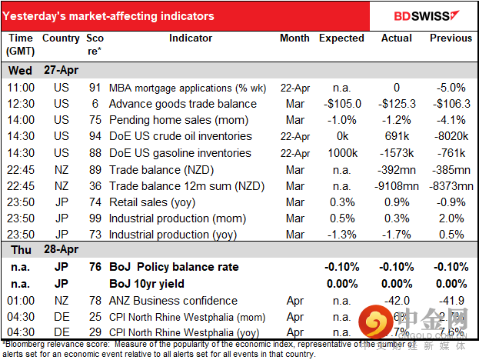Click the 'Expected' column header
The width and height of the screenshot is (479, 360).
pyautogui.click(x=341, y=38)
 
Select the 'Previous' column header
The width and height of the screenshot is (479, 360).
pyautogui.click(x=451, y=38)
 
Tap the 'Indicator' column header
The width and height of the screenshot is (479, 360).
pyautogui.click(x=191, y=38)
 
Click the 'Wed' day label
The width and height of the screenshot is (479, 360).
pyautogui.click(x=20, y=70)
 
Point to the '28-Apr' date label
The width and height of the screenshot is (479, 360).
pyautogui.click(x=63, y=252)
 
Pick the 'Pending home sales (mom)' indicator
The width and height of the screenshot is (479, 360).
pyautogui.click(x=178, y=120)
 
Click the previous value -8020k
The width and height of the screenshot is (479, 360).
pyautogui.click(x=454, y=137)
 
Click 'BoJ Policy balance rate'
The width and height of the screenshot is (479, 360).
pyautogui.click(x=173, y=267)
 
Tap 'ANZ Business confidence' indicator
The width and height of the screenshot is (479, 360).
pyautogui.click(x=174, y=300)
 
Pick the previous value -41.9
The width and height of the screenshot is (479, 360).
pyautogui.click(x=455, y=300)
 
